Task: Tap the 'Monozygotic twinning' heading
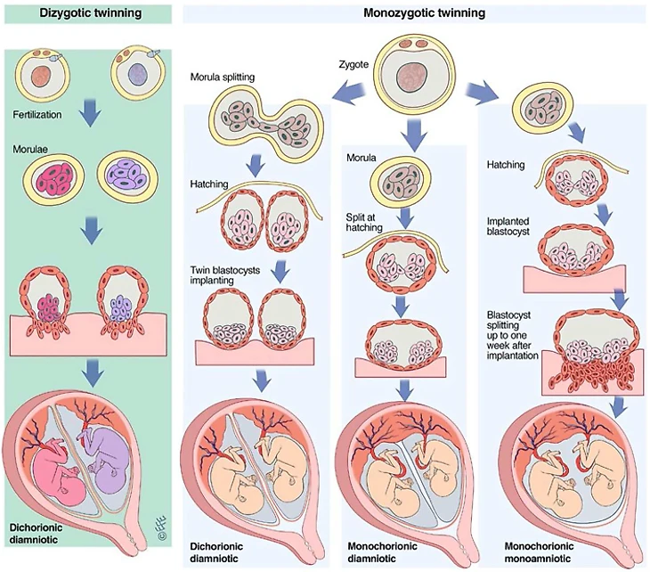(412, 12)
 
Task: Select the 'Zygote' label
(353, 63)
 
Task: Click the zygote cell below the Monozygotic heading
(411, 72)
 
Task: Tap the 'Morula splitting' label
(223, 78)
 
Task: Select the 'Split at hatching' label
(364, 222)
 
